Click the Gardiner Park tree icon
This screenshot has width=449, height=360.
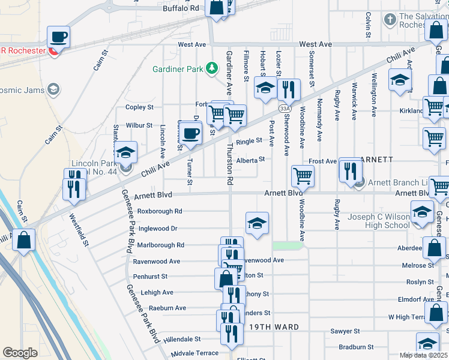[211, 68]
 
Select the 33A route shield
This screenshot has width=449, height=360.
[284, 108]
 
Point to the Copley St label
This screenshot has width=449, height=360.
[139, 107]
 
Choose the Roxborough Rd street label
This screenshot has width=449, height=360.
[160, 211]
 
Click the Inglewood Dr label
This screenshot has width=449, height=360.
[157, 229]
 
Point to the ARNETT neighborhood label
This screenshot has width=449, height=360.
[376, 160]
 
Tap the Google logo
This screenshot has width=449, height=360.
[20, 353]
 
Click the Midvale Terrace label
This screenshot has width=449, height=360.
[194, 353]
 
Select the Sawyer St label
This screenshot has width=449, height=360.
[345, 331]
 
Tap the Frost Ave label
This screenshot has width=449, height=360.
[322, 161]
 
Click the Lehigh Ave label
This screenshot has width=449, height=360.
[157, 293]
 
